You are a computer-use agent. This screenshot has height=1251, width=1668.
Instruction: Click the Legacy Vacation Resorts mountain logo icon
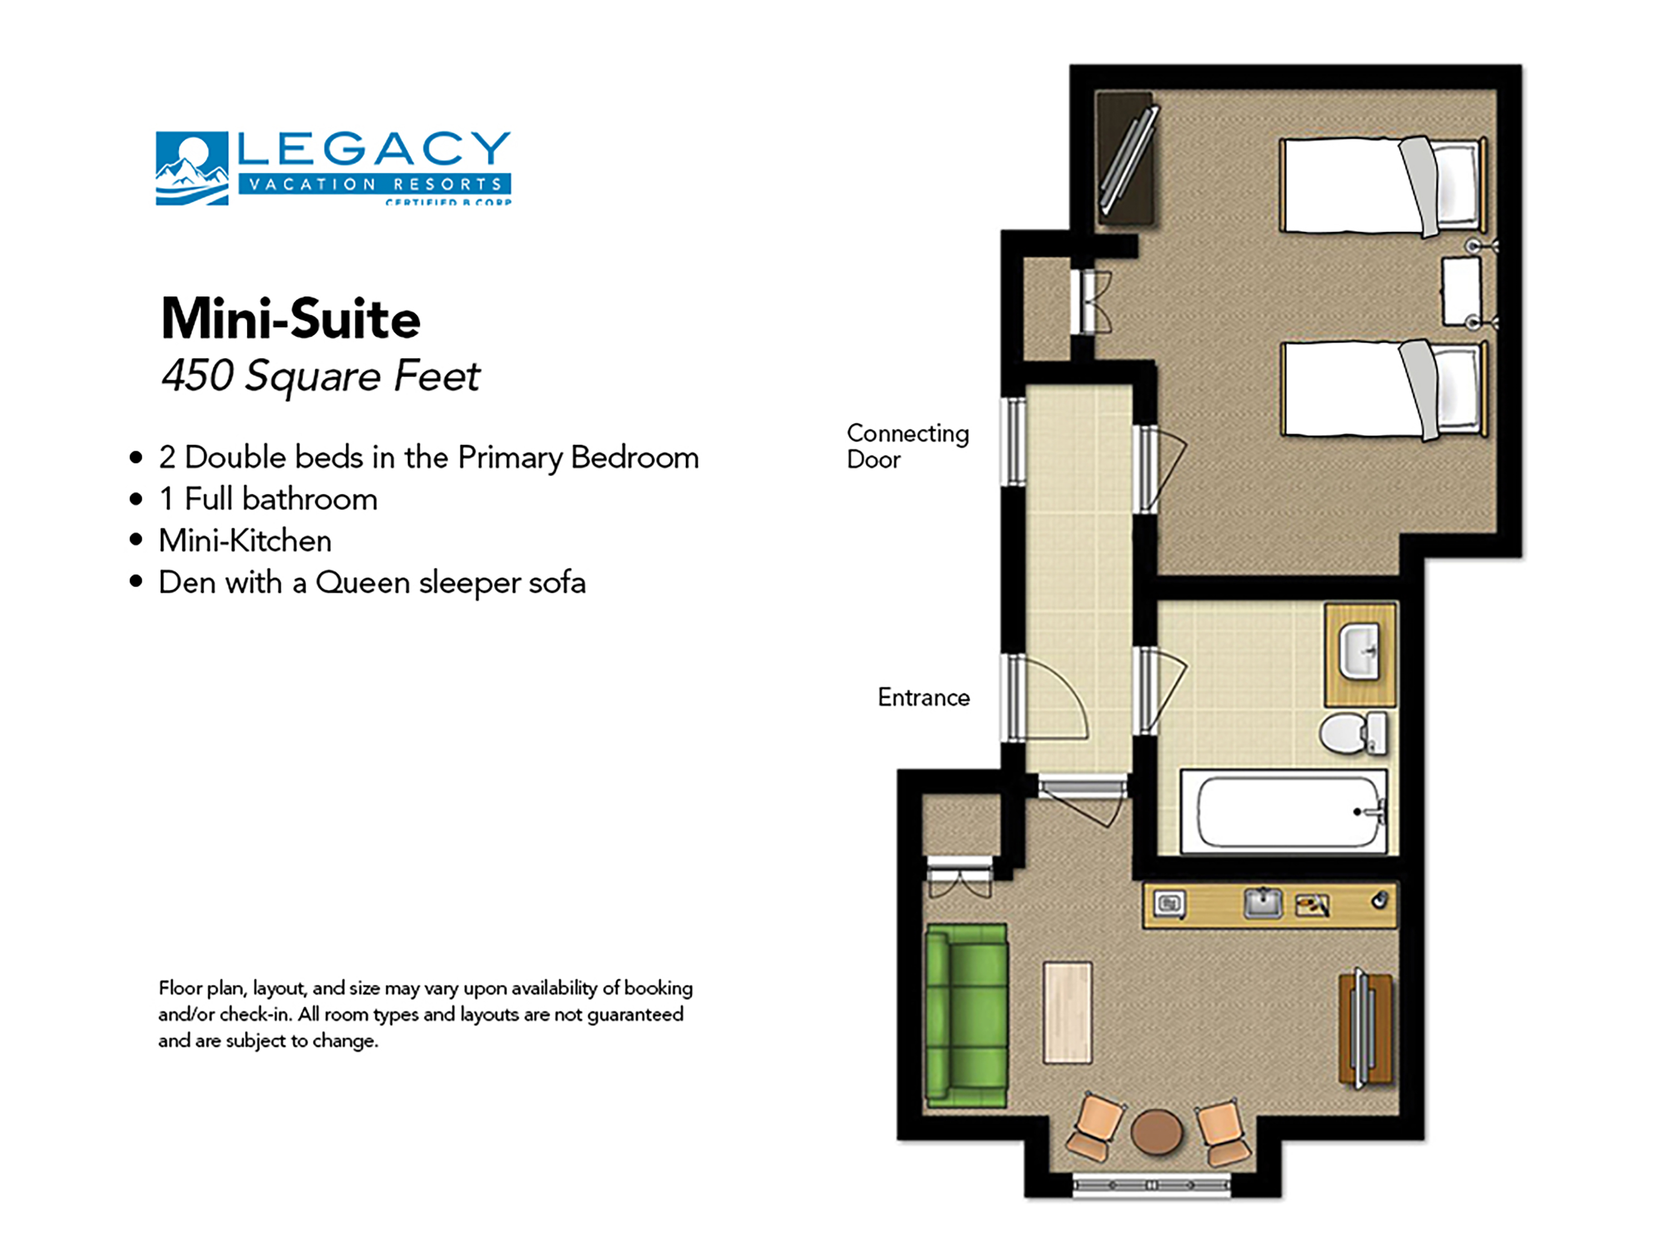(191, 168)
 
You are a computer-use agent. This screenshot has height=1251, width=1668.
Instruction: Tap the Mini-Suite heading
(290, 319)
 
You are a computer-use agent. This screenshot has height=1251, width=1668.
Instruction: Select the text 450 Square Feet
(320, 375)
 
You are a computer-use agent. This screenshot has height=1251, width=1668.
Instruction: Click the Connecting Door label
(907, 446)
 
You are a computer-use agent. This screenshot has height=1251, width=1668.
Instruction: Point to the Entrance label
(923, 698)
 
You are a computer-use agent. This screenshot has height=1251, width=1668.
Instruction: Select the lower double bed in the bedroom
(1382, 390)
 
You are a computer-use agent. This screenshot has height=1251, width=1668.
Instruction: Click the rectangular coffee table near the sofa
(1068, 1012)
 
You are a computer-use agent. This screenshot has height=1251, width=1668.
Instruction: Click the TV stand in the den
(1366, 1029)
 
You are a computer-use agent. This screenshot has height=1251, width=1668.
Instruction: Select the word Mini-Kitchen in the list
(245, 540)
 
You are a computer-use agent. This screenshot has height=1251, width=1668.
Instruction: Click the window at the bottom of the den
(1151, 1185)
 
